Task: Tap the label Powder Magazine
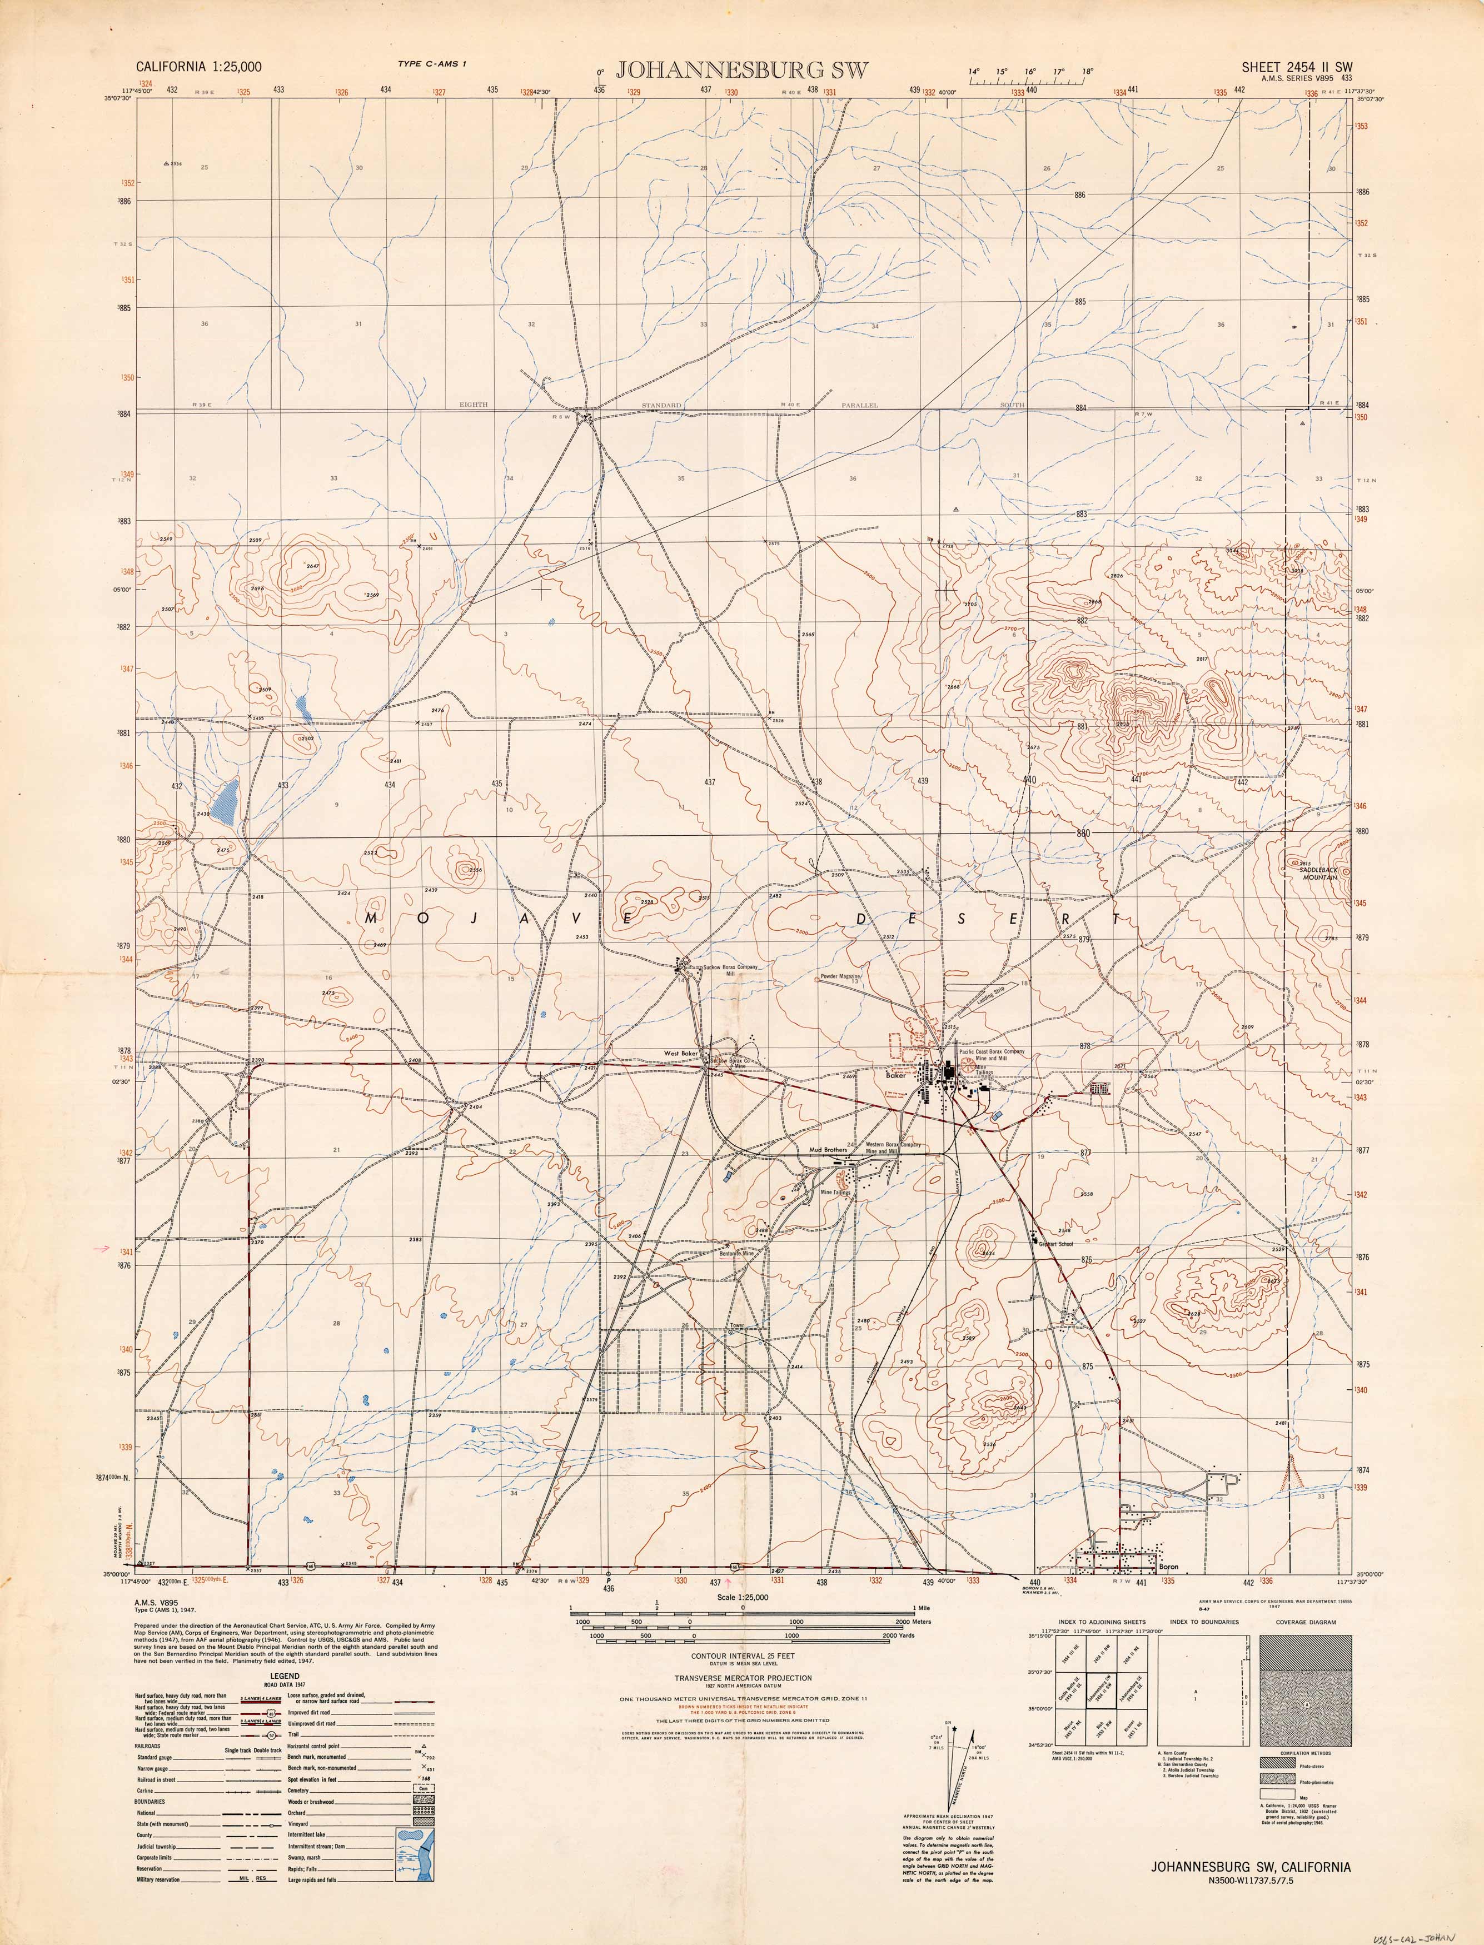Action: tap(840, 977)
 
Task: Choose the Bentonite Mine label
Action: tap(736, 1253)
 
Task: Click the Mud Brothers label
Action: tap(828, 1150)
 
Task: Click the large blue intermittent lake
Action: tap(228, 801)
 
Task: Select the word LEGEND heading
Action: tap(285, 1675)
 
